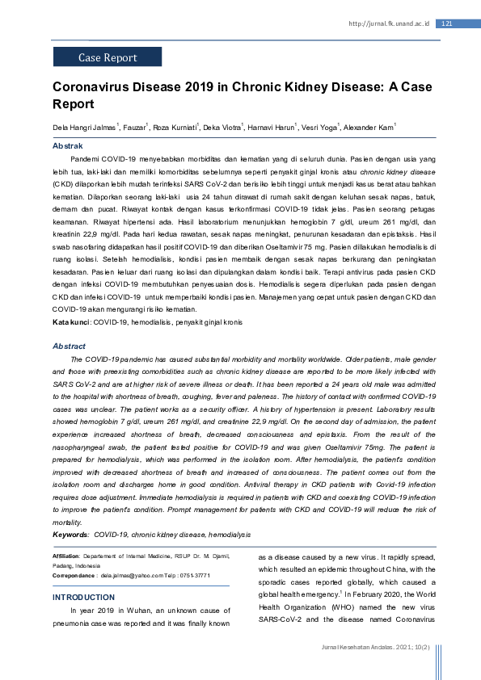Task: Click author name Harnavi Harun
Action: click(x=271, y=128)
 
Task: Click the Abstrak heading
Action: click(x=67, y=146)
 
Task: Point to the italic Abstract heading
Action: click(x=69, y=346)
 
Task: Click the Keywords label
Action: click(x=71, y=535)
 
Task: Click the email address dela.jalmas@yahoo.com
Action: click(x=135, y=576)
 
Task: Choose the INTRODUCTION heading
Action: click(x=83, y=597)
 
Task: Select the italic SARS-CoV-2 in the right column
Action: click(x=281, y=620)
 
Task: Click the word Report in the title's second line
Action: click(x=74, y=104)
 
